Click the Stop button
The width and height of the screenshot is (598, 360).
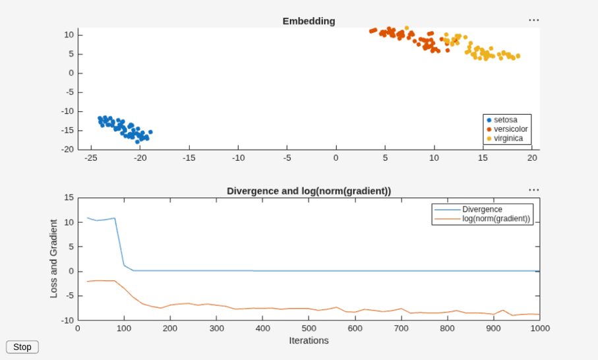(x=22, y=347)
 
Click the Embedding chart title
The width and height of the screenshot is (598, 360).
(x=309, y=21)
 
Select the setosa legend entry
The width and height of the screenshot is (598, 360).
(x=502, y=120)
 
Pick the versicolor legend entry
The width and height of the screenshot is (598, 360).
(x=507, y=129)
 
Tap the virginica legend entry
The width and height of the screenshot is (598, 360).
(x=505, y=138)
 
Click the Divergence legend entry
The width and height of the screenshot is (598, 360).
(x=468, y=210)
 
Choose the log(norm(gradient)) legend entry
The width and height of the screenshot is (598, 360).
(x=482, y=218)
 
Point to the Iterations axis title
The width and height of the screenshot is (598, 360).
(x=309, y=341)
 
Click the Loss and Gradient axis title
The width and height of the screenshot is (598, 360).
(x=53, y=258)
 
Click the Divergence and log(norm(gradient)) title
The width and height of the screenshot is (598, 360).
(x=309, y=191)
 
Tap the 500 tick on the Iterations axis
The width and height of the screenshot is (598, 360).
(x=309, y=328)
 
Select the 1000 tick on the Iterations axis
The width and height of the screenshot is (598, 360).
(x=540, y=328)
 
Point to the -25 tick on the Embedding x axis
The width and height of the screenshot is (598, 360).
(x=91, y=158)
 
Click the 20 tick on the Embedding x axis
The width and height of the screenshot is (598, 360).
(x=532, y=158)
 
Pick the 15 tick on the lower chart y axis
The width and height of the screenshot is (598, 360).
(x=69, y=198)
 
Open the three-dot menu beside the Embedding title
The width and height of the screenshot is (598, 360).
(x=534, y=20)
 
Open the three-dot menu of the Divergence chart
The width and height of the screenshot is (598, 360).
(x=534, y=190)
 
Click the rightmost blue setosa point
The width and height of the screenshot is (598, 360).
(x=150, y=132)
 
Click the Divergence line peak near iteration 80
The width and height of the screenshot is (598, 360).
(x=115, y=218)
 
